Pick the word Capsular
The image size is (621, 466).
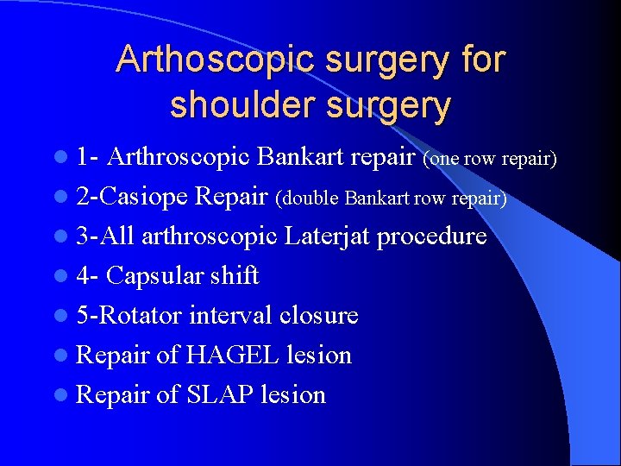[x=157, y=276]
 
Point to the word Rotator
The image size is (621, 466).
[x=141, y=316]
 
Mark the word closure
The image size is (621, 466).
[x=318, y=316]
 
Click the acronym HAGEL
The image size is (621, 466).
[x=226, y=356]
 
